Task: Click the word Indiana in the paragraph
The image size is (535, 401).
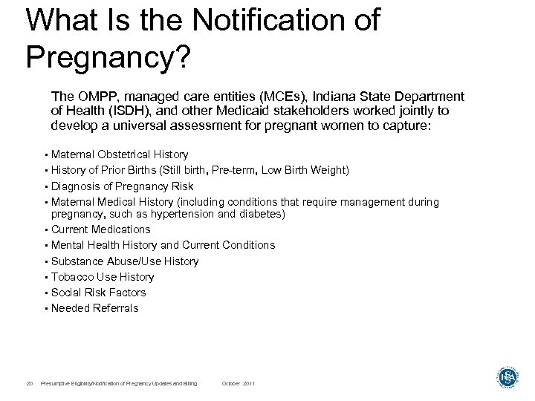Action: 330,97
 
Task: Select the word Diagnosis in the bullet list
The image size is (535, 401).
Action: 74,186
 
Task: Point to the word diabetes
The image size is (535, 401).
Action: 264,214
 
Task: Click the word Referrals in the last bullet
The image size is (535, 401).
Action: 114,308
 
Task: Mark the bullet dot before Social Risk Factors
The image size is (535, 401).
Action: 46,293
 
